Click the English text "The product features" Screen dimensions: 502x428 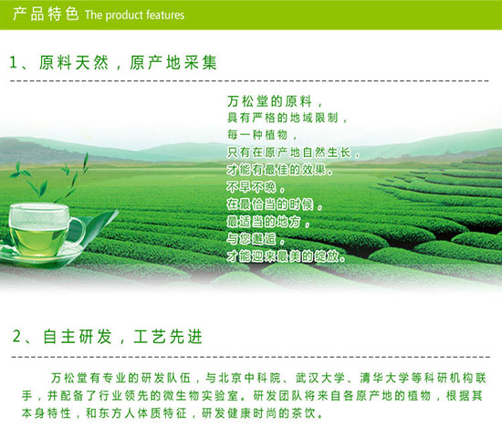coord(134,15)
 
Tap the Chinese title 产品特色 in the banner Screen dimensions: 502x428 coord(46,14)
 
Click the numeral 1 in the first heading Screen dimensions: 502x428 coord(13,62)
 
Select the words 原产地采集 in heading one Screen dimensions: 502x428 coord(173,62)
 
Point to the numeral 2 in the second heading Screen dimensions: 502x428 coord(16,337)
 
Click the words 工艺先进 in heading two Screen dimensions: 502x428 coord(168,337)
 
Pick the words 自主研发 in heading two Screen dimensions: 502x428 coord(78,337)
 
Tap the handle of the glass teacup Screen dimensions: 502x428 coord(78,230)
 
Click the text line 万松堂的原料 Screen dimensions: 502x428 coord(269,101)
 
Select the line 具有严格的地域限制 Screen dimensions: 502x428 coord(283,118)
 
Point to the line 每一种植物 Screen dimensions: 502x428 coord(257,135)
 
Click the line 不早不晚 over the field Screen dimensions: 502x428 coord(251,187)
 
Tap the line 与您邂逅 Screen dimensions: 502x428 coord(251,239)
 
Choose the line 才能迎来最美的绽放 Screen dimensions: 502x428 coord(282,256)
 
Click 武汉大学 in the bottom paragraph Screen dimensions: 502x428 coord(319,378)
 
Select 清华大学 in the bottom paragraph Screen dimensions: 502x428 coord(384,378)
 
